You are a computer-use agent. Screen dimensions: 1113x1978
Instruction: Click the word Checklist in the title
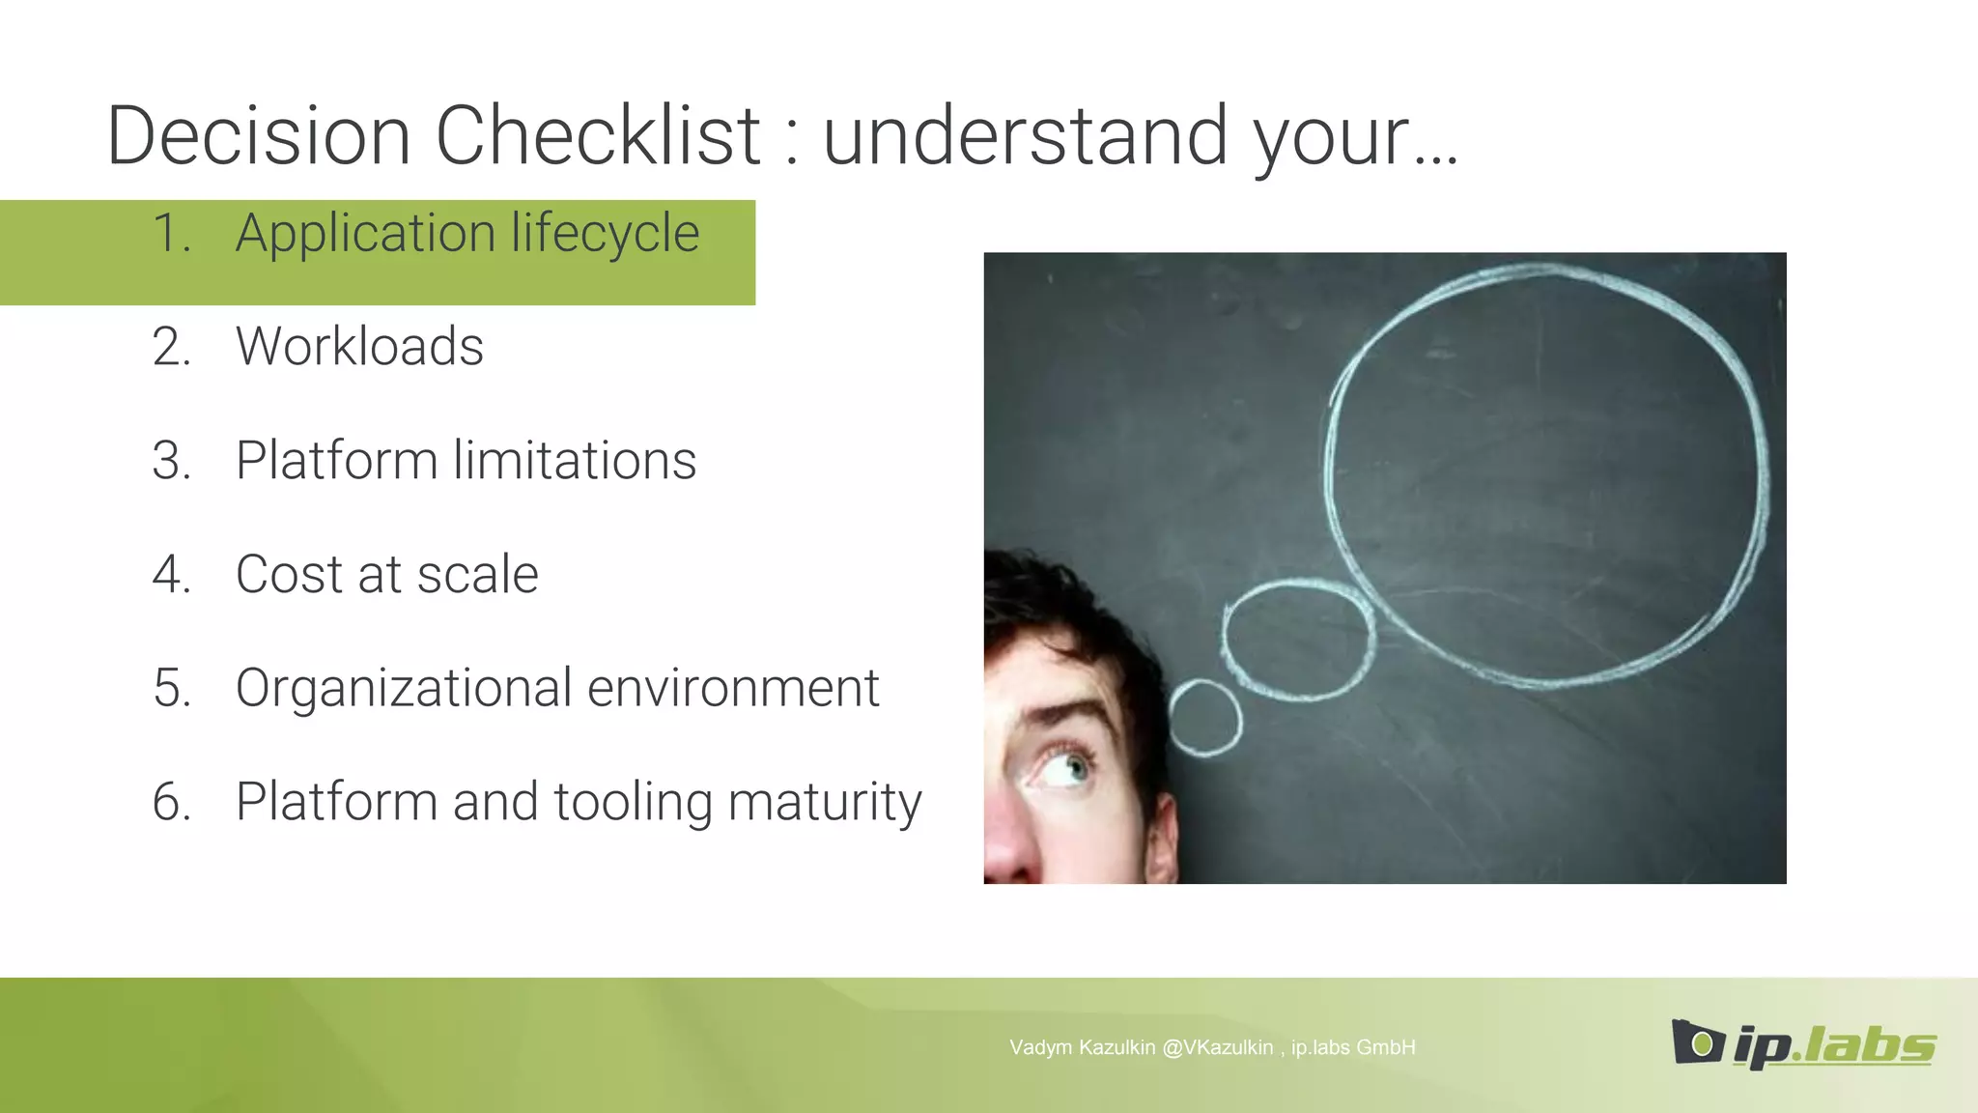tap(598, 136)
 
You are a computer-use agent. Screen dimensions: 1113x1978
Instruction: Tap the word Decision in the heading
tap(259, 136)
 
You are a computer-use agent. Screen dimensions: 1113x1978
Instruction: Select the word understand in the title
tap(1026, 136)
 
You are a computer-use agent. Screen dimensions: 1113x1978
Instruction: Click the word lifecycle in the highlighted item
tap(606, 234)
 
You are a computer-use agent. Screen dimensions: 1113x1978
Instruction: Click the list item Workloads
tap(359, 347)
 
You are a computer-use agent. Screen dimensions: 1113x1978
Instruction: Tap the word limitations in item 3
tap(575, 460)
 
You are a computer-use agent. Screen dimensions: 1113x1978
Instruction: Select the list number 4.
tap(171, 574)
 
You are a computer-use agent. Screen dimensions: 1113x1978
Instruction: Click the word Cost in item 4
tap(289, 574)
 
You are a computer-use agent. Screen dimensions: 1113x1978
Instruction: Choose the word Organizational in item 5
tap(404, 688)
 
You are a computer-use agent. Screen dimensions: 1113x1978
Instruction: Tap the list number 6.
tap(171, 802)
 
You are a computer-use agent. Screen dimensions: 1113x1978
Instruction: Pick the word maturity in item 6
tap(825, 804)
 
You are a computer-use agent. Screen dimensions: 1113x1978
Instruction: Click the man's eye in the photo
tap(1065, 769)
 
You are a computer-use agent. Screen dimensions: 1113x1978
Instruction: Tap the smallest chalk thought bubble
tap(1205, 717)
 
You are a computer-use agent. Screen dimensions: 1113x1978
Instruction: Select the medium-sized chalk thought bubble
tap(1298, 639)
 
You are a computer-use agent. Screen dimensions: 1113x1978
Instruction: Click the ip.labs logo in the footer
tap(1803, 1044)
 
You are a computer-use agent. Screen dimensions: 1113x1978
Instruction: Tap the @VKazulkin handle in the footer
tap(1218, 1047)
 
